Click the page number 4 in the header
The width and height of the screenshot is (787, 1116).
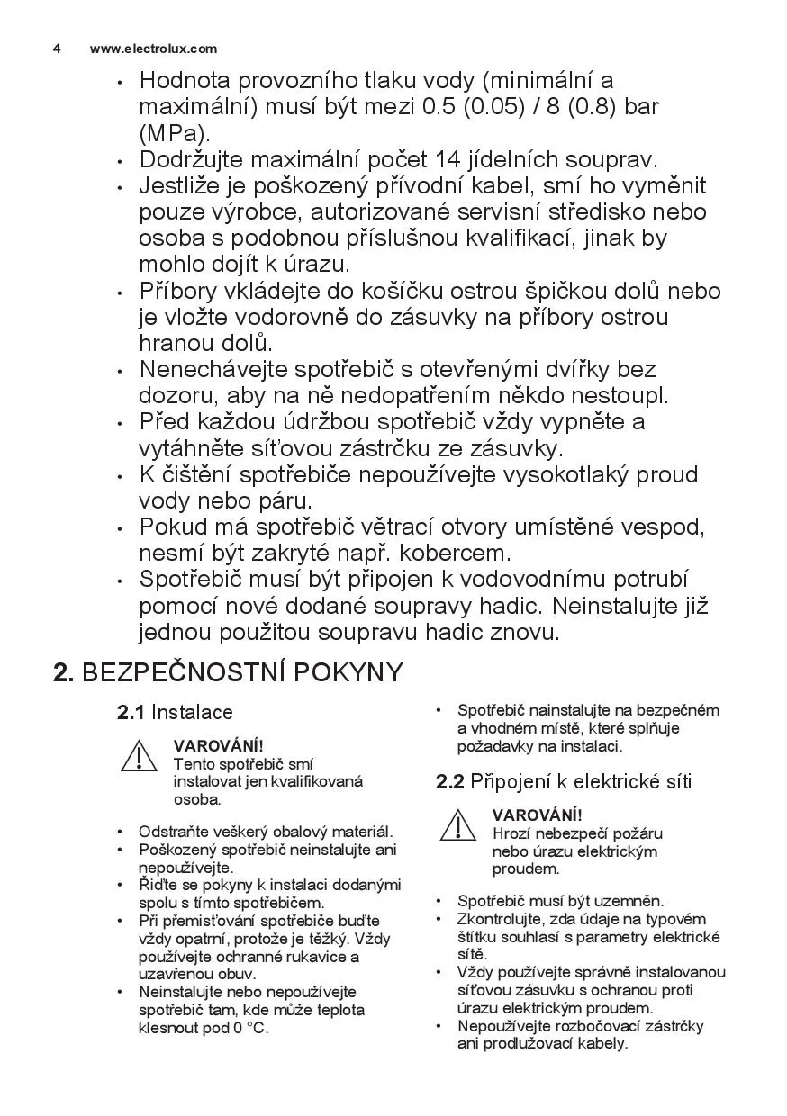click(x=57, y=49)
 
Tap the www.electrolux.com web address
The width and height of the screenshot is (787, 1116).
click(x=153, y=49)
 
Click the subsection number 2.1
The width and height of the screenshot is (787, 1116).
click(x=131, y=713)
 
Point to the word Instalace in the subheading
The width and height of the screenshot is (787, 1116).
click(x=192, y=713)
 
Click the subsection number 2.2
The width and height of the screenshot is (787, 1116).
click(x=449, y=781)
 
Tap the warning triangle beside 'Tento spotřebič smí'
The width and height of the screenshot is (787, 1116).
click(x=139, y=756)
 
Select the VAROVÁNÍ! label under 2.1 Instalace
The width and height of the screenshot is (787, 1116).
click(x=219, y=745)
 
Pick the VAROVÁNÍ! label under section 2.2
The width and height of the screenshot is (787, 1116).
click(x=537, y=814)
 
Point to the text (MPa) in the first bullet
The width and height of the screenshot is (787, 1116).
click(x=173, y=133)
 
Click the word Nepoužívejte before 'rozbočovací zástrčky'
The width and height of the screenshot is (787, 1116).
click(x=502, y=1026)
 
